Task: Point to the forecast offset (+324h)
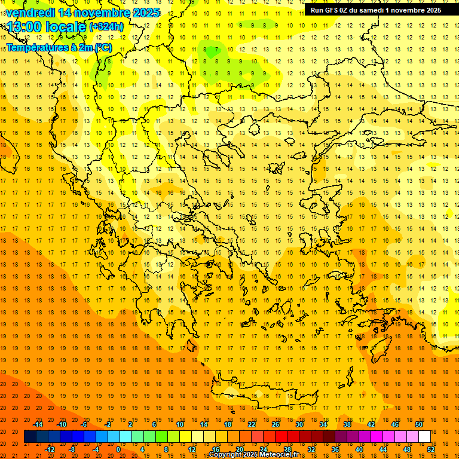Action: tap(106, 27)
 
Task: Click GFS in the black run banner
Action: tap(332, 10)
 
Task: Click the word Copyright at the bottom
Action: tap(225, 455)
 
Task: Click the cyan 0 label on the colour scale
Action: tap(118, 449)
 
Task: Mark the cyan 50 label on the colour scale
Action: tap(418, 424)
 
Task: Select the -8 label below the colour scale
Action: tap(72, 449)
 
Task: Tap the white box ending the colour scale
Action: tap(424, 437)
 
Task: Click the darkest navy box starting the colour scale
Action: tap(30, 437)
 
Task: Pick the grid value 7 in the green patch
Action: tap(217, 49)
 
